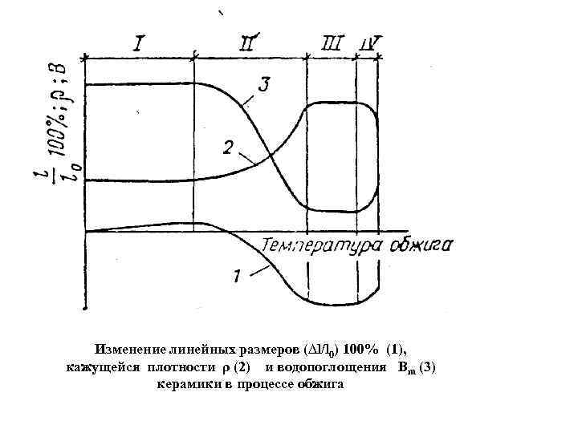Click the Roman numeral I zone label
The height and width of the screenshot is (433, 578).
click(139, 42)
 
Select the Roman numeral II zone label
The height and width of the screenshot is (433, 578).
click(250, 41)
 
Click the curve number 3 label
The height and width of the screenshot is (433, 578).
click(264, 83)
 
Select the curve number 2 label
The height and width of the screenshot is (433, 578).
click(229, 148)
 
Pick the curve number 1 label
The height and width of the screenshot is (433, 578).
click(238, 277)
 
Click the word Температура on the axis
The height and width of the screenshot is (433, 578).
click(321, 245)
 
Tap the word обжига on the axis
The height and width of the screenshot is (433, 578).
click(422, 245)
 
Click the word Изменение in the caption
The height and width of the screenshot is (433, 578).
click(128, 350)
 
